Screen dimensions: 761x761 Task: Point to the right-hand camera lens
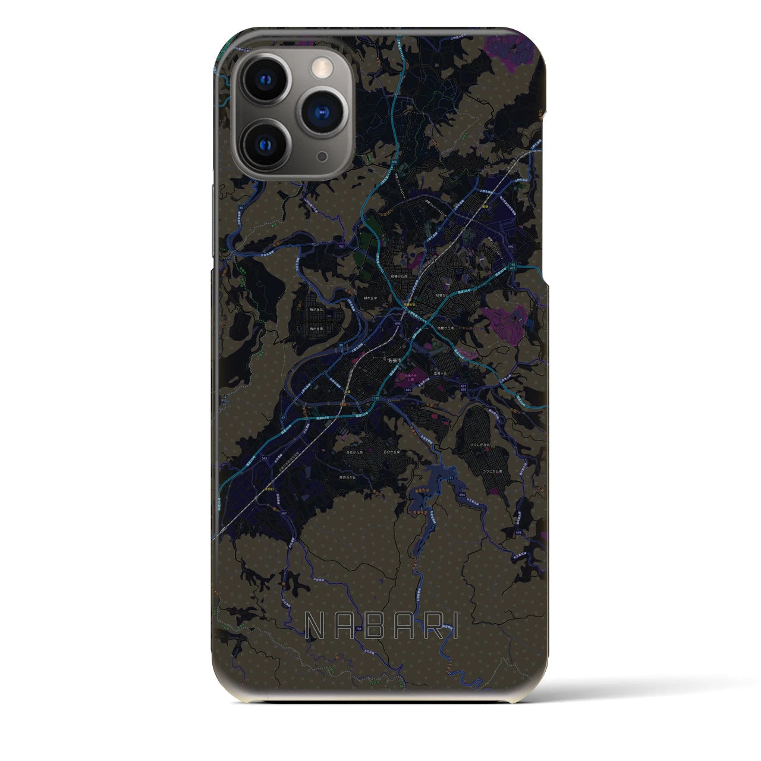point(323,111)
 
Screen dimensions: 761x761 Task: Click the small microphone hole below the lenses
point(322,156)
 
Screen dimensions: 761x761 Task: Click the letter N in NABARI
point(314,625)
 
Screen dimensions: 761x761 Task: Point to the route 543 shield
point(263,459)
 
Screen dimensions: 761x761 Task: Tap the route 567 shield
point(284,513)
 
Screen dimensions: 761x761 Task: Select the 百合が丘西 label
point(356,452)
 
